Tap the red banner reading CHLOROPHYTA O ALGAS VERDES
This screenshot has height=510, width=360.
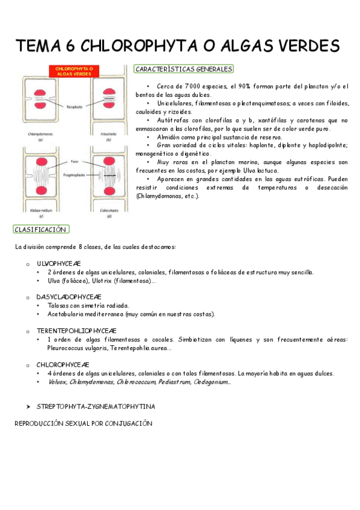[x=73, y=71]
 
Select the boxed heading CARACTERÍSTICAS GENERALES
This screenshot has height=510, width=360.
[x=184, y=69]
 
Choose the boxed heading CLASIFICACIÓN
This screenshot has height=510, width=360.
[x=40, y=229]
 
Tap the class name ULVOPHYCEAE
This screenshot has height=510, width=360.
[x=58, y=263]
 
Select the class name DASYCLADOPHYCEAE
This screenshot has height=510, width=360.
[x=69, y=297]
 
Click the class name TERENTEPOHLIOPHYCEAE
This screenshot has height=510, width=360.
[x=76, y=331]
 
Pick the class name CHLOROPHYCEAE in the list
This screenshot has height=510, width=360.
[x=63, y=364]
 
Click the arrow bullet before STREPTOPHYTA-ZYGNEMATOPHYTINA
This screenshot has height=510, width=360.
[x=28, y=407]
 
